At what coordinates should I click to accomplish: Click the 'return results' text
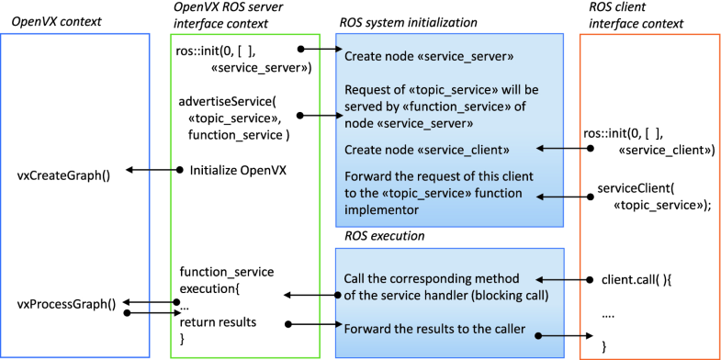pos(219,322)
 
